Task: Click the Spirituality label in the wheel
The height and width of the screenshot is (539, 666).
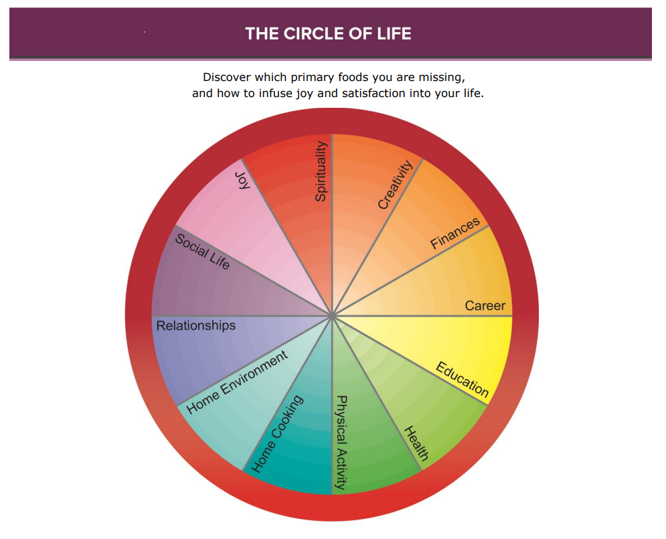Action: [321, 171]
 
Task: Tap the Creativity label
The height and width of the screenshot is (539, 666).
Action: [395, 185]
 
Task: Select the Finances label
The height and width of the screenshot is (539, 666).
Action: [455, 233]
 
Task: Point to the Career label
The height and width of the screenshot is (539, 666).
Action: [485, 307]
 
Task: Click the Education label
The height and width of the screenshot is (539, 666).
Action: [463, 379]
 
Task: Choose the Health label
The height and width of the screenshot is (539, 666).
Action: [416, 443]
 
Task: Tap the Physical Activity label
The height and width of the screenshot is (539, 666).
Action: [341, 442]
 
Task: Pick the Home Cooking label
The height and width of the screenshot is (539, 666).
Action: [277, 434]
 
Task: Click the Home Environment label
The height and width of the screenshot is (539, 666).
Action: [237, 382]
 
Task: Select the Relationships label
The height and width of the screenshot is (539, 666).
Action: [195, 326]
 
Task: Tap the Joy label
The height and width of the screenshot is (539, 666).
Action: [242, 180]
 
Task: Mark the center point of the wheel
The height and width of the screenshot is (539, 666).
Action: [332, 315]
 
